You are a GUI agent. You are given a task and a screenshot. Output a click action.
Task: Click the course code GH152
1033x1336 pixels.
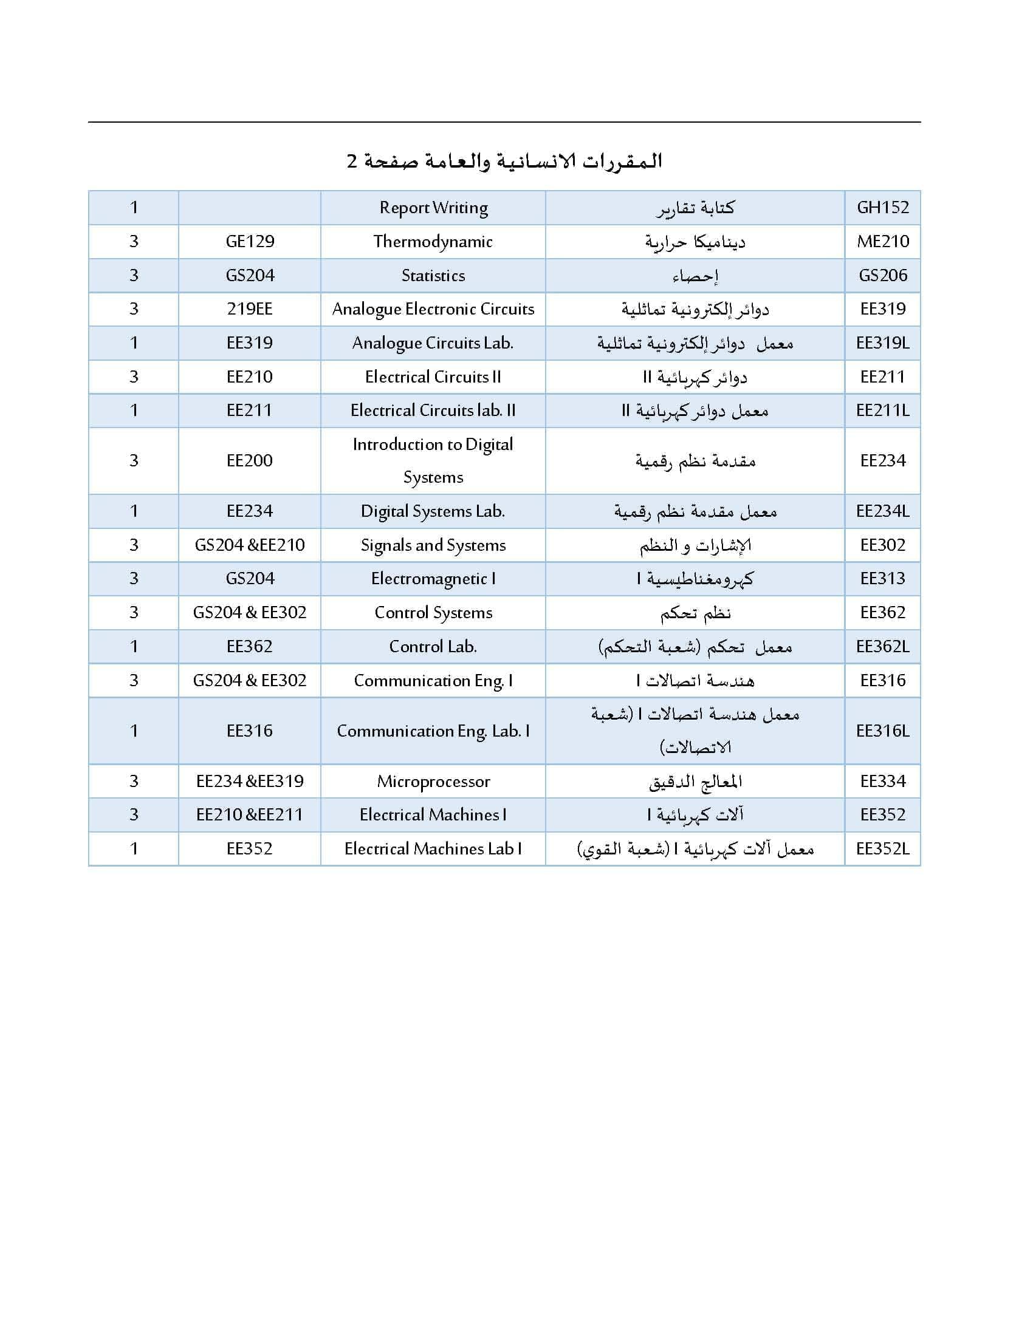click(882, 207)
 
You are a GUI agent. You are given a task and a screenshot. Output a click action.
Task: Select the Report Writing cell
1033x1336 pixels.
click(433, 208)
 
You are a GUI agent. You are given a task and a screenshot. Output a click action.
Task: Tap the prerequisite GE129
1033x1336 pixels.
click(250, 242)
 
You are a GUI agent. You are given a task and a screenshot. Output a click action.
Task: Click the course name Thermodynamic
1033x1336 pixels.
click(433, 242)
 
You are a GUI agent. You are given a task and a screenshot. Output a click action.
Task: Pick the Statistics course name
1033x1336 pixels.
click(433, 275)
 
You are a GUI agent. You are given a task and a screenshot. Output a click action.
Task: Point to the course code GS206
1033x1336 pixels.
click(882, 275)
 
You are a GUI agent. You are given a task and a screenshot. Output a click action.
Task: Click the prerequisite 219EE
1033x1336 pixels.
click(250, 309)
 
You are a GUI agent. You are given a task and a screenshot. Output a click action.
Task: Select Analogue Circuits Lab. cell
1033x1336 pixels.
click(433, 343)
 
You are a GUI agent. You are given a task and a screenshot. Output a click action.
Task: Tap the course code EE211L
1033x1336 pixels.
click(882, 411)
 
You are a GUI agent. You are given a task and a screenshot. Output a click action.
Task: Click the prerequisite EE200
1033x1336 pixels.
click(250, 461)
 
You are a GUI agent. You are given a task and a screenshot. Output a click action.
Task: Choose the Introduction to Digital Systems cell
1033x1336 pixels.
click(433, 461)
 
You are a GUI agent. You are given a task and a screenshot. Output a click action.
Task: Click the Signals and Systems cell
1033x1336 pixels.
click(433, 545)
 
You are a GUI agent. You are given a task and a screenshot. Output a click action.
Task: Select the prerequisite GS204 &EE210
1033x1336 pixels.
click(250, 545)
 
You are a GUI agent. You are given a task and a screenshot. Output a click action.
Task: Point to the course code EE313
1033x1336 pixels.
click(882, 579)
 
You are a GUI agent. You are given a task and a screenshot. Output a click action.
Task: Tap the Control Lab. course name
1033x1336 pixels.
click(433, 647)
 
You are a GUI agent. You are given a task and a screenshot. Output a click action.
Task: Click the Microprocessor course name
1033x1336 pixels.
click(433, 781)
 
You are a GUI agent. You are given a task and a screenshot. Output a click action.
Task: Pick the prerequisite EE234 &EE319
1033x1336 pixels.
click(250, 781)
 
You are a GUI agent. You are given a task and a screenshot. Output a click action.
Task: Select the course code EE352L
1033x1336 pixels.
click(882, 848)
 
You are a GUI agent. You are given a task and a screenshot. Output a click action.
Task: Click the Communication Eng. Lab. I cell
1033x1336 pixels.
click(433, 731)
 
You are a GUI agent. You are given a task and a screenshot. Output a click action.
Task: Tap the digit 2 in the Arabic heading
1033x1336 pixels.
click(352, 162)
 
